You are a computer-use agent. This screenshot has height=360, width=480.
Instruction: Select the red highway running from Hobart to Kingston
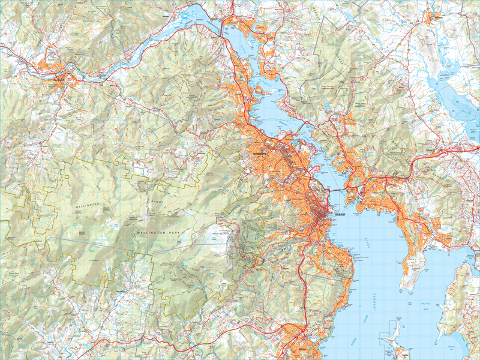[305, 288]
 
